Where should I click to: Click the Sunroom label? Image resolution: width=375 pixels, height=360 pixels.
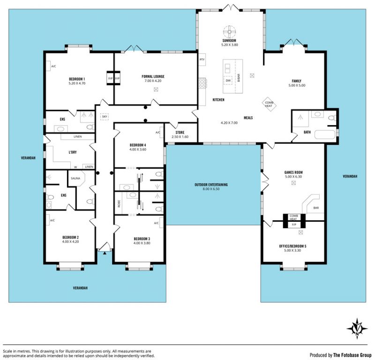229,41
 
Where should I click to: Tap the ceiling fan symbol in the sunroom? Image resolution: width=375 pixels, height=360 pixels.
229,31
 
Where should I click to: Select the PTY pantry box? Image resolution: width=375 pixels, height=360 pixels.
202,60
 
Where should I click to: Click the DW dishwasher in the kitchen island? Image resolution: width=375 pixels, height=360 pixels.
228,81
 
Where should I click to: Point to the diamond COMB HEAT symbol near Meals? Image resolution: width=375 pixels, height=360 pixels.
269,104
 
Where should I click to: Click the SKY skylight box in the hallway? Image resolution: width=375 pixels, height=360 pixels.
105,117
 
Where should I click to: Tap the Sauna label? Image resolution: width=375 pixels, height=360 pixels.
75,178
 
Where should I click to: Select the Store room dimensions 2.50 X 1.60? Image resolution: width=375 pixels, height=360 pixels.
180,137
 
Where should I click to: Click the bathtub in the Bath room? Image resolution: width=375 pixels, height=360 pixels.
325,135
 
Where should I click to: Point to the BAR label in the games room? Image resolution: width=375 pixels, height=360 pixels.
316,208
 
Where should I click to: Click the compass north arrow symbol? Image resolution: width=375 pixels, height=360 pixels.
357,329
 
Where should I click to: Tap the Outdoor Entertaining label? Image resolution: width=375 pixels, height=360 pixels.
211,185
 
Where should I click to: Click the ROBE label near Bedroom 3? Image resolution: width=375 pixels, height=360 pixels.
119,203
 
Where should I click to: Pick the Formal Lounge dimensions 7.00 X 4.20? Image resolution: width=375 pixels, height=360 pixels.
153,81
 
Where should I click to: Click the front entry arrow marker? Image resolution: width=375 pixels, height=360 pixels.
105,253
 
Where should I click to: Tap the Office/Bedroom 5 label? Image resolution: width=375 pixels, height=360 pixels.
292,246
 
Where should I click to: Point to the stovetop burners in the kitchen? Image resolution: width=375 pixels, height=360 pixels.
202,83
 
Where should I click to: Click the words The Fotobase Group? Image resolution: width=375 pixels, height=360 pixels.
352,355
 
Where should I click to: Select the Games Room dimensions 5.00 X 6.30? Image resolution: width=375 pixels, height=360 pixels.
293,177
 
